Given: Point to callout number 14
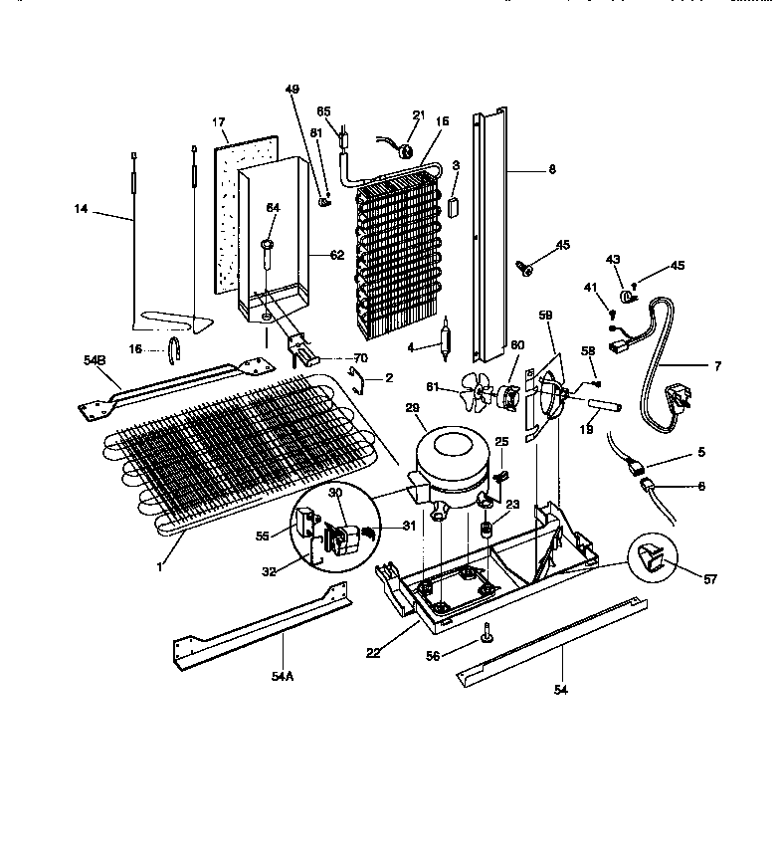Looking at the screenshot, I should pyautogui.click(x=81, y=209).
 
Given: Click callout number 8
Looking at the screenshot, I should pyautogui.click(x=552, y=169).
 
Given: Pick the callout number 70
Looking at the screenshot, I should pyautogui.click(x=360, y=357).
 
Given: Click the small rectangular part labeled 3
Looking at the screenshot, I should pyautogui.click(x=455, y=208).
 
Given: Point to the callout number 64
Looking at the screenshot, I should pyautogui.click(x=272, y=207).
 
